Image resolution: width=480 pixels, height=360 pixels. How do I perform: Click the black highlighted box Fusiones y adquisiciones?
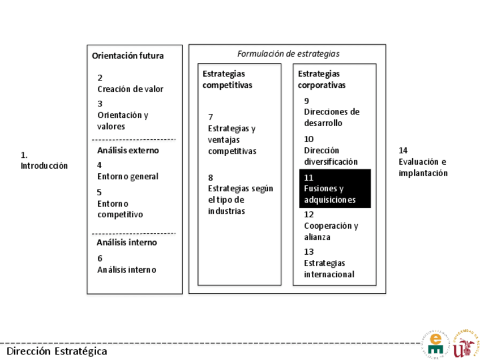[335, 188]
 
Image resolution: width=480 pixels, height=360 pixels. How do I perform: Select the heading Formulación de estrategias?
[288, 54]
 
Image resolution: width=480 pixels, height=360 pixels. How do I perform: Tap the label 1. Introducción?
[44, 160]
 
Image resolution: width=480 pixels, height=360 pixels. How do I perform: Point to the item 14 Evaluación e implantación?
[423, 161]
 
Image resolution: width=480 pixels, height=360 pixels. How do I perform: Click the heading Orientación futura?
[127, 55]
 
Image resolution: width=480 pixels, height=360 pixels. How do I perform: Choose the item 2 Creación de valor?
[130, 83]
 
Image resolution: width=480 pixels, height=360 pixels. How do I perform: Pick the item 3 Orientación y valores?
[122, 115]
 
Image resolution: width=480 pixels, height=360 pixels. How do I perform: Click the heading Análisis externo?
[127, 151]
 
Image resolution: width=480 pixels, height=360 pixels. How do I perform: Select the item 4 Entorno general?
[127, 171]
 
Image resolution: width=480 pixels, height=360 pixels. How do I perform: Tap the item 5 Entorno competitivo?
[119, 203]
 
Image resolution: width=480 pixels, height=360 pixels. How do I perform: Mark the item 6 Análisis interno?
[126, 264]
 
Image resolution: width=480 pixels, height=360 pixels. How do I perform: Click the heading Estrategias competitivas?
[227, 79]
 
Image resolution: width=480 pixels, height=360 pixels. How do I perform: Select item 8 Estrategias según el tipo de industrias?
[240, 194]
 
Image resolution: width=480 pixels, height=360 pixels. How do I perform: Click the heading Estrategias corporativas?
[321, 79]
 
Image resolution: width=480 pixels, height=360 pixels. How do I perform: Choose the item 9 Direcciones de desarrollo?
[331, 112]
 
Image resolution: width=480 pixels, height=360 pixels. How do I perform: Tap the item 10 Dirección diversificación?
[331, 150]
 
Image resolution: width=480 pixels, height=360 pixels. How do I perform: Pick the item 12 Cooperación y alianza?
[331, 225]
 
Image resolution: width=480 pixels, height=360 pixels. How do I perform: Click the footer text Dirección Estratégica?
[57, 351]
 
